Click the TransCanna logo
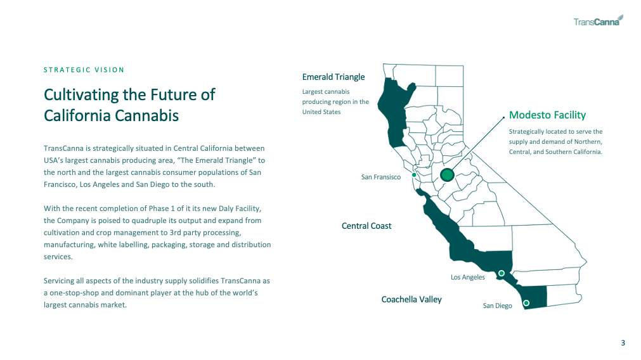tap(598, 21)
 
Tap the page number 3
tap(623, 343)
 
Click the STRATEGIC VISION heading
tap(84, 70)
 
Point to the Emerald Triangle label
tap(333, 77)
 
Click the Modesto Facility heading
tap(547, 115)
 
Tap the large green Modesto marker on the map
tap(447, 175)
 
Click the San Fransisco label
tap(380, 177)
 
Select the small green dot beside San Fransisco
tap(414, 175)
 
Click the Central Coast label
tap(366, 226)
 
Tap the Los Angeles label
tap(468, 277)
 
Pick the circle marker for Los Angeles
tap(501, 273)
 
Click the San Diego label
tap(497, 305)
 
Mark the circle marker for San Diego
tap(526, 303)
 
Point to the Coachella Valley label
tap(411, 300)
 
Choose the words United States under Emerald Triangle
tap(321, 112)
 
